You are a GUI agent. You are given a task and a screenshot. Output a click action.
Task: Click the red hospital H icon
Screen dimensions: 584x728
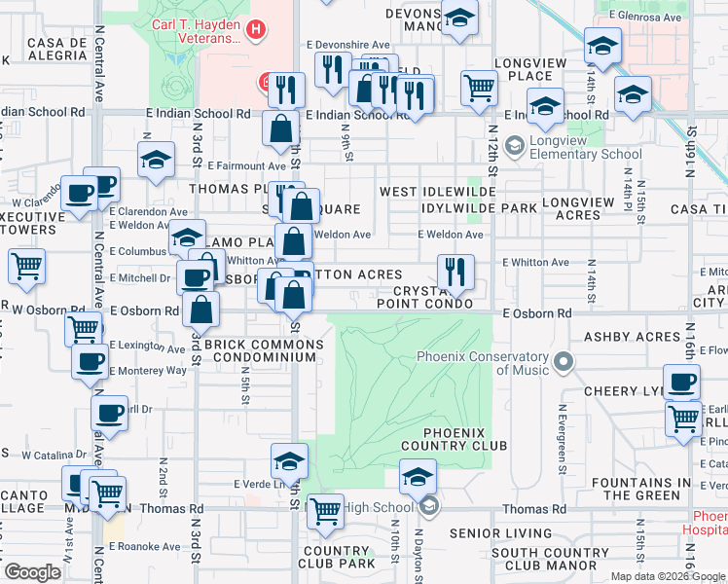pyautogui.click(x=255, y=31)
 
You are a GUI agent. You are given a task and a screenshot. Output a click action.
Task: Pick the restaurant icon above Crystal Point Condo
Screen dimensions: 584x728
pyautogui.click(x=455, y=273)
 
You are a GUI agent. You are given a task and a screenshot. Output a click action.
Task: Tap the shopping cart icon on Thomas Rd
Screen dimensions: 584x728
pyautogui.click(x=324, y=509)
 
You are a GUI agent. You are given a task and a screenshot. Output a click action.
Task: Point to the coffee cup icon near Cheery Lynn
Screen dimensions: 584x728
pyautogui.click(x=681, y=381)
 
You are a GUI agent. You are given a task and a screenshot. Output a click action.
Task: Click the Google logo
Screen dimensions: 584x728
pyautogui.click(x=33, y=571)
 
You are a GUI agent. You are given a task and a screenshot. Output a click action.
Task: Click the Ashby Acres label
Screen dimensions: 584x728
pyautogui.click(x=632, y=337)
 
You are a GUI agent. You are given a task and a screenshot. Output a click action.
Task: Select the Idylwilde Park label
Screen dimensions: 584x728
pyautogui.click(x=480, y=208)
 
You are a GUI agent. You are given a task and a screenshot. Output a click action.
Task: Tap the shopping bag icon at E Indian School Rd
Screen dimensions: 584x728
pyautogui.click(x=280, y=128)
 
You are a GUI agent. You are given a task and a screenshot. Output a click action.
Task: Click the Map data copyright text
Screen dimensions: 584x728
pyautogui.click(x=668, y=576)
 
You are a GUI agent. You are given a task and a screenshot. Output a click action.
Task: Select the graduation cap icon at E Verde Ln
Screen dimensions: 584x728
pyautogui.click(x=289, y=460)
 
